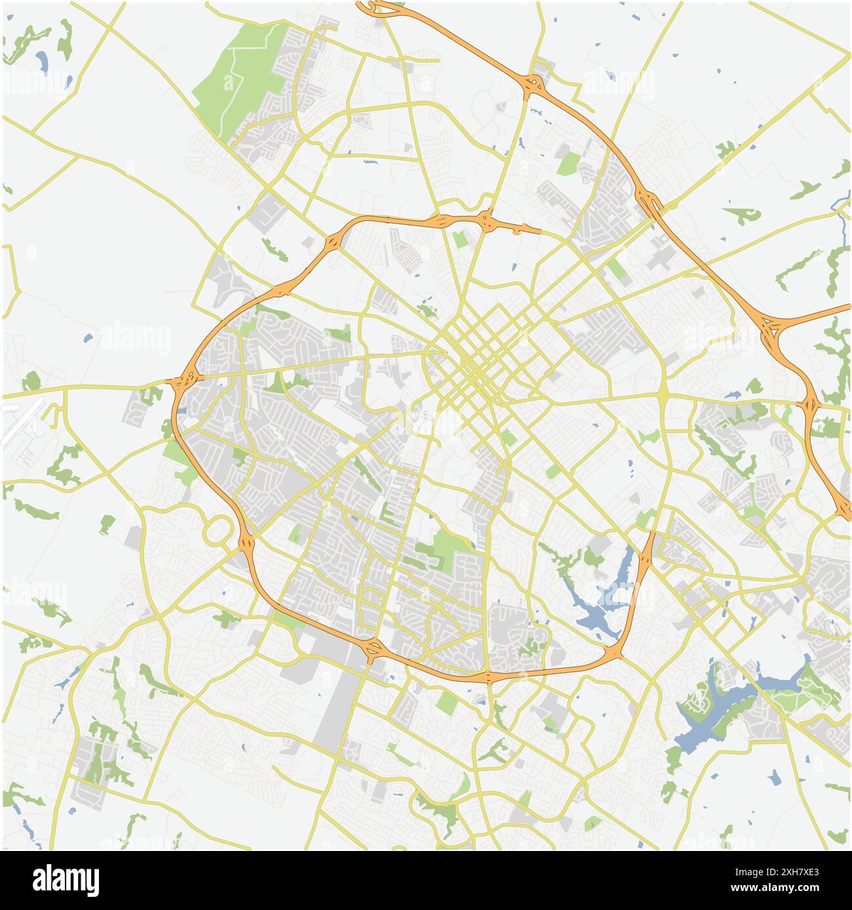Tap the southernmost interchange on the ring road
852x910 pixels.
pyautogui.click(x=488, y=676)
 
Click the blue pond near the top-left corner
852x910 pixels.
pyautogui.click(x=42, y=62)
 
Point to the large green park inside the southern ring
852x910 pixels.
pyautogui.click(x=446, y=547)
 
